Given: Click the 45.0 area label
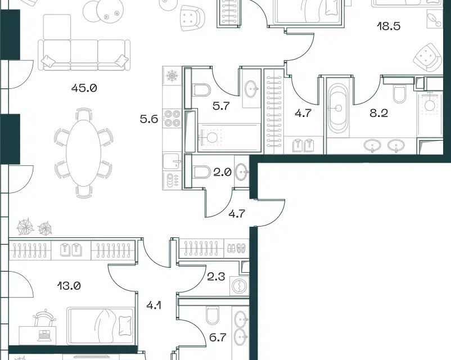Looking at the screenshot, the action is click(x=84, y=88).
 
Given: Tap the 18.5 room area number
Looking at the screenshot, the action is click(x=389, y=26).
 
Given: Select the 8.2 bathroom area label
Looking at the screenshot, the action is click(x=379, y=113).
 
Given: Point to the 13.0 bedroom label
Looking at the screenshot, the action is click(x=69, y=286).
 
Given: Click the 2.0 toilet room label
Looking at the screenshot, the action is click(x=223, y=172).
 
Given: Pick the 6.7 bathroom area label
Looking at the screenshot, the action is click(x=218, y=337).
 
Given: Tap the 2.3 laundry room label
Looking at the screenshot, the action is click(x=216, y=277).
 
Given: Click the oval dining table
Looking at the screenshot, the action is click(x=83, y=153).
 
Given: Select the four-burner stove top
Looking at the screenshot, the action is click(x=172, y=119).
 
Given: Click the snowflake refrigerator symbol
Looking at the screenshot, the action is click(x=172, y=76).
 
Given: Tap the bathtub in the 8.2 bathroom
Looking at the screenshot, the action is click(x=338, y=109).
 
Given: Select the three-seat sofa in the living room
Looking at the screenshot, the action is click(x=84, y=55).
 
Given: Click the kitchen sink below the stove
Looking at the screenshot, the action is click(x=172, y=161).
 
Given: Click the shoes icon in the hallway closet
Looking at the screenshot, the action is click(x=236, y=247).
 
